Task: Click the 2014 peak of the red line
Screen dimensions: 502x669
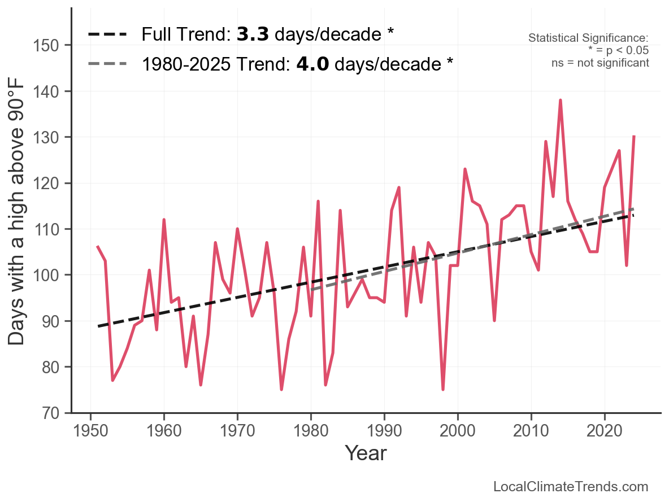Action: click(x=560, y=100)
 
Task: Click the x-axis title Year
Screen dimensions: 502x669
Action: click(x=366, y=453)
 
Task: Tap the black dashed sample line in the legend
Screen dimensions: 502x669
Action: click(x=107, y=34)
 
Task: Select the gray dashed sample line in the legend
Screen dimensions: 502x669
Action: click(x=107, y=64)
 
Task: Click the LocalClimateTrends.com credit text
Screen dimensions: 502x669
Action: click(x=571, y=487)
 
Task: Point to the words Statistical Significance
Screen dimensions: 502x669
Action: click(x=588, y=38)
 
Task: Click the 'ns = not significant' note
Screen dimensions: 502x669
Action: click(x=600, y=63)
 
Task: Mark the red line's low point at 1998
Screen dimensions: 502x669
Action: click(x=443, y=389)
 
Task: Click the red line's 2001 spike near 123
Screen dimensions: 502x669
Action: click(x=465, y=169)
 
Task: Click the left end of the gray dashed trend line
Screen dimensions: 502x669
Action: click(x=311, y=290)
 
